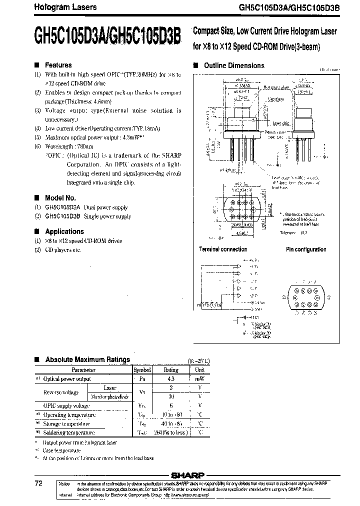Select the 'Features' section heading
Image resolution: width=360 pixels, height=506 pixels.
click(58, 65)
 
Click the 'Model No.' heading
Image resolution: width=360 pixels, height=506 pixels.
click(60, 197)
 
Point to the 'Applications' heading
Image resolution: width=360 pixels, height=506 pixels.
click(64, 231)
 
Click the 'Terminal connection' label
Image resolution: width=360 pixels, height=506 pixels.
click(223, 249)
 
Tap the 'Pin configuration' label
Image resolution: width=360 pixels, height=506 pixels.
click(306, 249)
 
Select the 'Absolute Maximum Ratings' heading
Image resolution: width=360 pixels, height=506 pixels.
click(87, 359)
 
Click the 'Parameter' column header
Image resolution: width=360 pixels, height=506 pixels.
click(83, 370)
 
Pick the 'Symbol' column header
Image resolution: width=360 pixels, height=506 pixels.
click(141, 370)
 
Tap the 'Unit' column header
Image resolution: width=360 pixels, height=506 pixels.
click(199, 370)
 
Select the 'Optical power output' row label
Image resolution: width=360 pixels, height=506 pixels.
click(67, 379)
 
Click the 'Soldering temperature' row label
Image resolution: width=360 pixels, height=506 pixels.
click(69, 433)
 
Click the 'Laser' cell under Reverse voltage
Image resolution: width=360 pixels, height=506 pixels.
click(110, 388)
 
